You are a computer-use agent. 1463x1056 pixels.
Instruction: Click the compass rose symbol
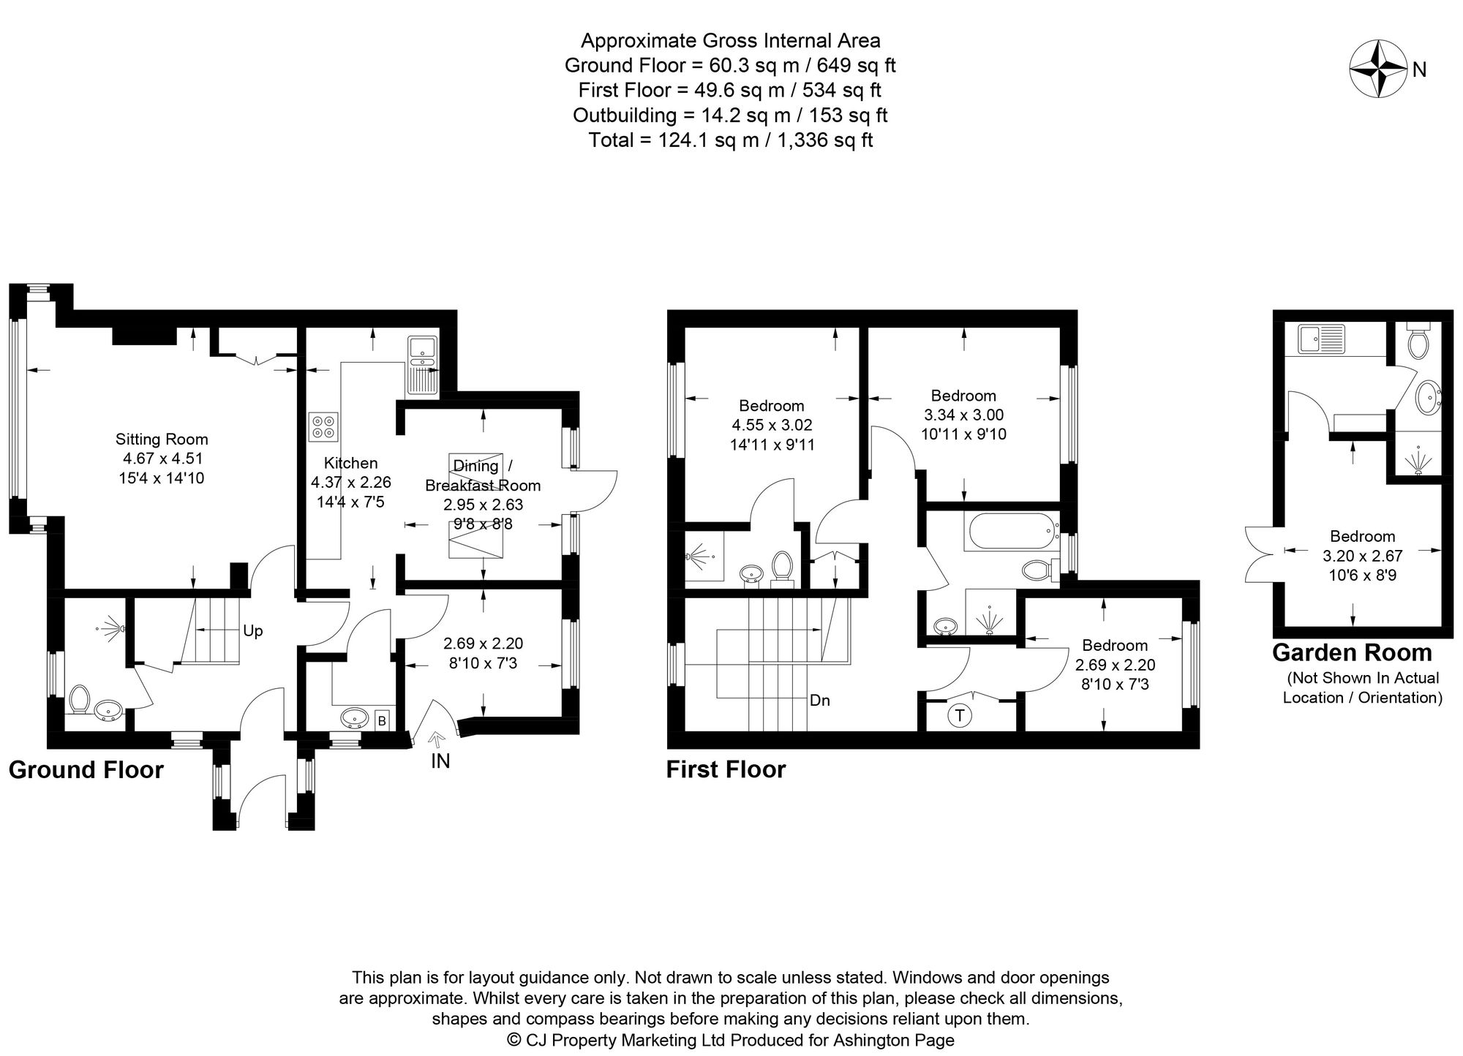coord(1378,69)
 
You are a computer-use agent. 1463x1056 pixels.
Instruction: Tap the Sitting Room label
coord(162,440)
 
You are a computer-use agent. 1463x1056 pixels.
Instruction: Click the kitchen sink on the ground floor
coord(422,365)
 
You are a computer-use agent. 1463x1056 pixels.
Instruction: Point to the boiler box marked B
coord(381,721)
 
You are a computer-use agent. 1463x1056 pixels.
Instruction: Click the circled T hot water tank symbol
coord(959,715)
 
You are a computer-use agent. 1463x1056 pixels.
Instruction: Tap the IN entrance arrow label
coord(440,761)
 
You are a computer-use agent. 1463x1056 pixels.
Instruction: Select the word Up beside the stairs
coord(252,631)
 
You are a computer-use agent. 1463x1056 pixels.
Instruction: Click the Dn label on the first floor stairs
coord(819,701)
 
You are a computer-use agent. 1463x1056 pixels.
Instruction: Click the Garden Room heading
coord(1352,652)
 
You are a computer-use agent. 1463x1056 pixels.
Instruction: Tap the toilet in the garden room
coord(1418,344)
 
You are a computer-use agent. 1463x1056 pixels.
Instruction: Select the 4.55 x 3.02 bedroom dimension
coord(772,425)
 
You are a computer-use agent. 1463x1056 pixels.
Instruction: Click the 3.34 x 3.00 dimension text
coord(963,415)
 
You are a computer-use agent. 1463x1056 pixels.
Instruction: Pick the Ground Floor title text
coord(86,770)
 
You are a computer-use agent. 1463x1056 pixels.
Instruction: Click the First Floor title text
coord(726,770)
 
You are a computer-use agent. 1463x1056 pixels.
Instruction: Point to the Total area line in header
coord(730,140)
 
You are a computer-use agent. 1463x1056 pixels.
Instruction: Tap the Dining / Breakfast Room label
coord(482,475)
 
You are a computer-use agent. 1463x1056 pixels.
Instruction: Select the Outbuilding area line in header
coord(730,115)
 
